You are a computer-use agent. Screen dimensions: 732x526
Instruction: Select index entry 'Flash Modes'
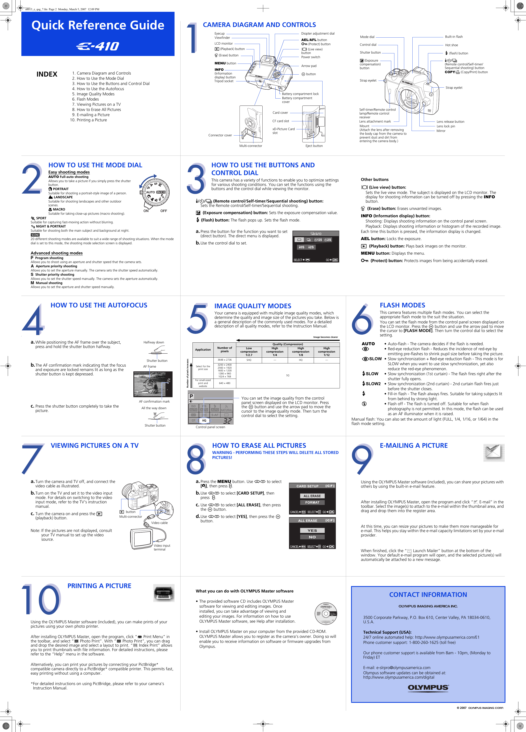point(88,99)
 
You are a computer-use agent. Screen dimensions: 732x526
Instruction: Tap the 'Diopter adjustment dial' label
point(318,34)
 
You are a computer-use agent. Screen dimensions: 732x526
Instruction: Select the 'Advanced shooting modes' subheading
point(57,253)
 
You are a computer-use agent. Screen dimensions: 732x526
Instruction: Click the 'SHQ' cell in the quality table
point(249,360)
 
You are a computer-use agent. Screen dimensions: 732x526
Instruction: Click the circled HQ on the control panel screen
point(204,421)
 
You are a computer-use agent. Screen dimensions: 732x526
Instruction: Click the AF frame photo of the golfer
point(153,384)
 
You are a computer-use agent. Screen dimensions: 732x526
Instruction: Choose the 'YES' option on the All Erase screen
point(312,530)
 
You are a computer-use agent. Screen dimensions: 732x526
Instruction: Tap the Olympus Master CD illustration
point(326,613)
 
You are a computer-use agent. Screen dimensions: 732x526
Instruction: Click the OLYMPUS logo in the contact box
point(428,688)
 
